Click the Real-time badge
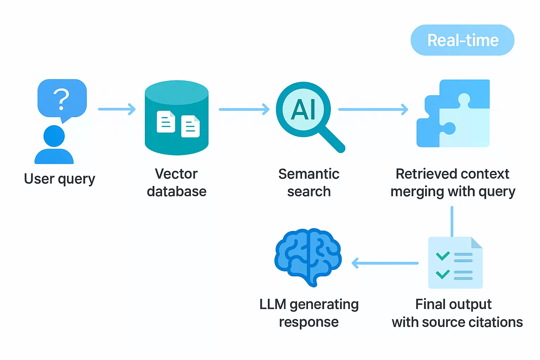point(462,40)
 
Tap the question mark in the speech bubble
point(61,99)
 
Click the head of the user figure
point(54,136)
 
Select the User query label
point(59,179)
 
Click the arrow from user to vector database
point(117,109)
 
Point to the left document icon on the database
point(166,122)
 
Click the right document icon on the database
point(190,126)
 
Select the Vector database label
point(176,183)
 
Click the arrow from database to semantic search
point(244,109)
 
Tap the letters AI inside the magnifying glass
point(303,109)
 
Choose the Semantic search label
point(309,183)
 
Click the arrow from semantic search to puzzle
point(373,109)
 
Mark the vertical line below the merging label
point(452,221)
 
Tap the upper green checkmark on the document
point(443,256)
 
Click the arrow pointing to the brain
point(385,263)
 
